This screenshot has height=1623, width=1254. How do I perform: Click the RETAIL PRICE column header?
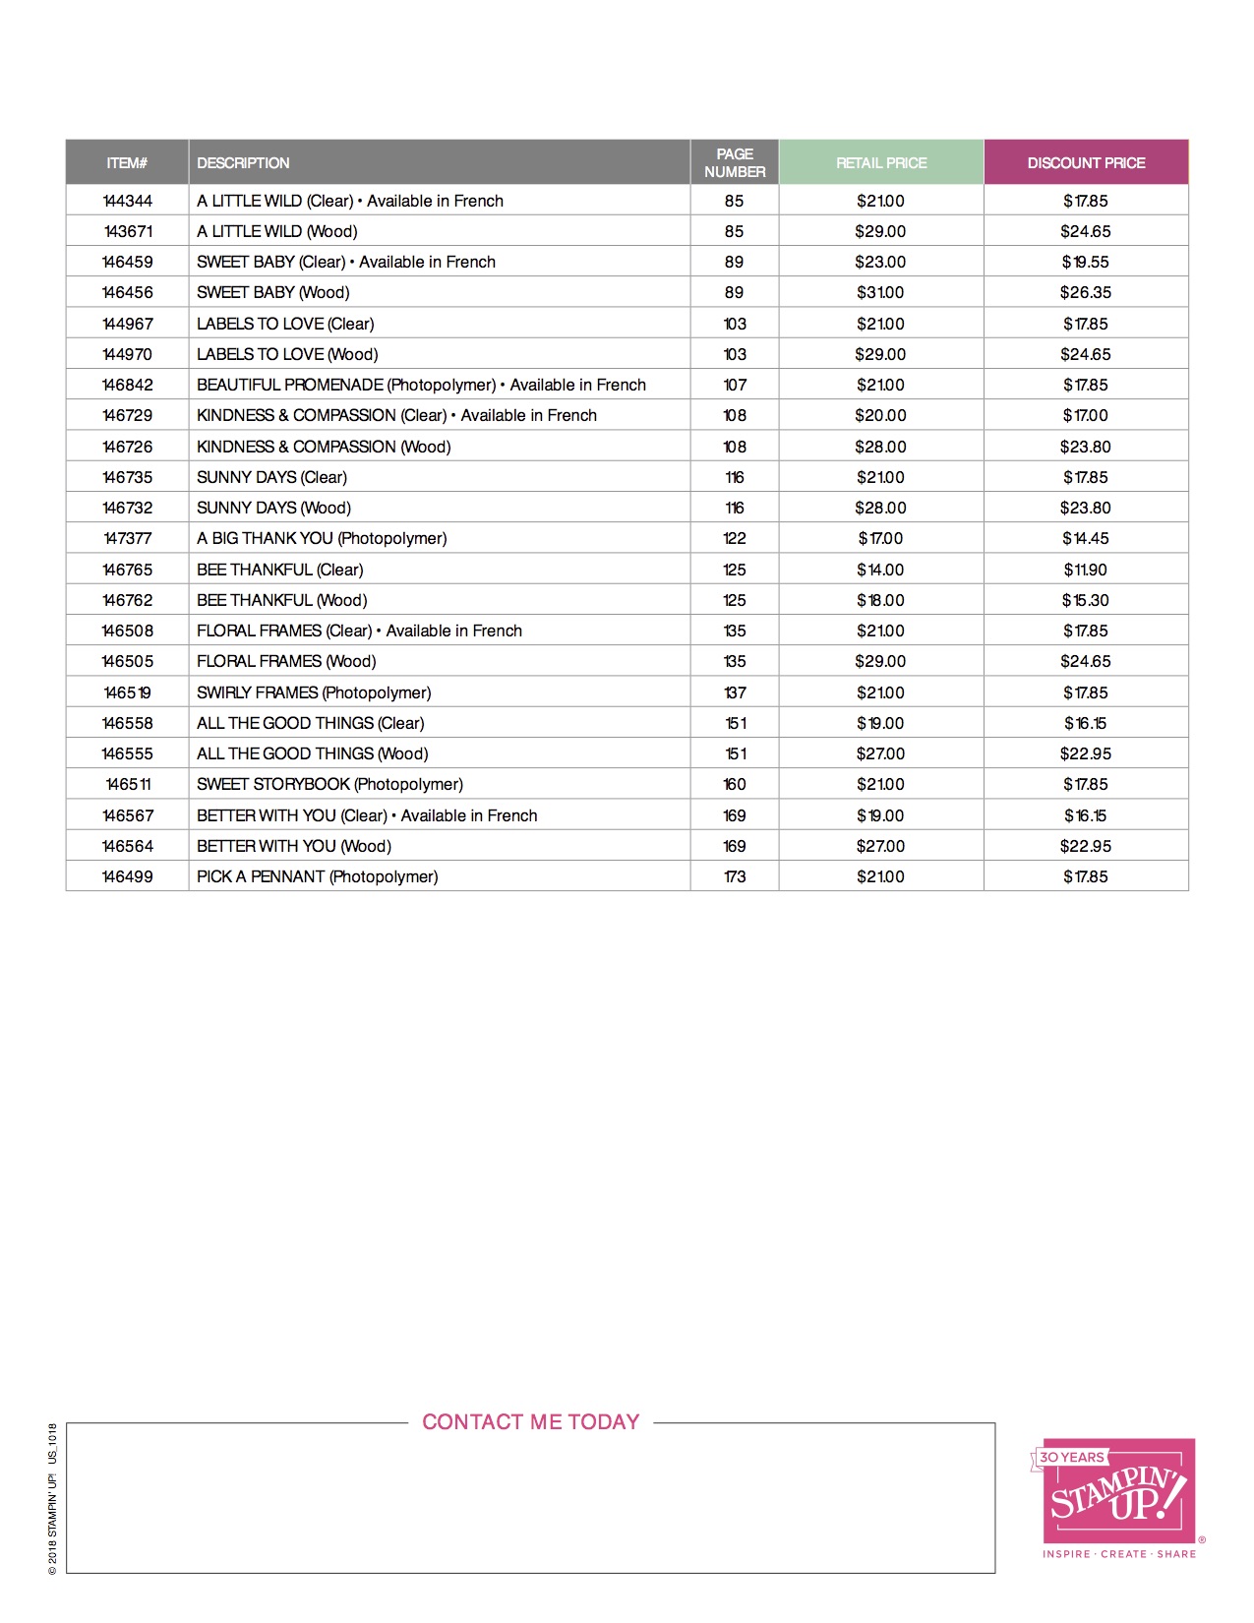coord(881,163)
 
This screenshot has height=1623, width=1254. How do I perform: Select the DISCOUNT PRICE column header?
coord(1086,163)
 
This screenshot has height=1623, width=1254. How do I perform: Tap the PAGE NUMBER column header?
coord(735,163)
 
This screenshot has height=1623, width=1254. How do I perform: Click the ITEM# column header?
coord(127,163)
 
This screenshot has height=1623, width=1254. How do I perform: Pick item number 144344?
coord(128,201)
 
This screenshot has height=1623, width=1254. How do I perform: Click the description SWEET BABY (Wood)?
coord(273,292)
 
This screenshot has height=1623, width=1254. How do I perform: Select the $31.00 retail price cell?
coord(880,292)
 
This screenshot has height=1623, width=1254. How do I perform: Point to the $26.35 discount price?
coord(1086,292)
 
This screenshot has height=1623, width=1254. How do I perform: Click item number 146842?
coord(128,385)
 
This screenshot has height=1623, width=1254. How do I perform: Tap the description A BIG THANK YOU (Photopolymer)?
coord(322,538)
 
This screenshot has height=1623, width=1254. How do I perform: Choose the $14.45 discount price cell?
coord(1086,538)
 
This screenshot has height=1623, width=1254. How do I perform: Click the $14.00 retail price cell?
coord(880,570)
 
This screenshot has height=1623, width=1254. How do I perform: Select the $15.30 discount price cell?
coord(1086,600)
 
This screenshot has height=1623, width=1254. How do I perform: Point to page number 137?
coord(735,692)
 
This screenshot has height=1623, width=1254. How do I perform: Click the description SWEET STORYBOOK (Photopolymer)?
coord(329,784)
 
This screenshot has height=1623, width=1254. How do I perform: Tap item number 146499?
coord(128,876)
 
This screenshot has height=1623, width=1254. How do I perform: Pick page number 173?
coord(735,876)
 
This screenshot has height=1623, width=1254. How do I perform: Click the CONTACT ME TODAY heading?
coord(531,1422)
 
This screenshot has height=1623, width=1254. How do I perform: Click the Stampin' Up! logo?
coord(1119,1492)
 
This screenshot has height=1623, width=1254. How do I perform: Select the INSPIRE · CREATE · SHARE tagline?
coord(1119,1554)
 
